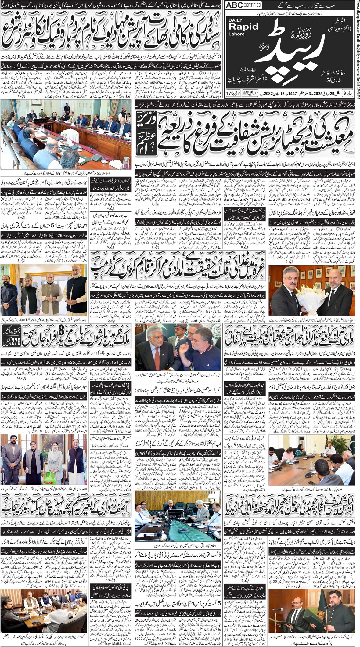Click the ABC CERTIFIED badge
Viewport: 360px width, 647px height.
pyautogui.click(x=243, y=5)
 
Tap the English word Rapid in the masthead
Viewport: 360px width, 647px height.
pyautogui.click(x=243, y=27)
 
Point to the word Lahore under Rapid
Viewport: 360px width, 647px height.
pyautogui.click(x=236, y=34)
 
